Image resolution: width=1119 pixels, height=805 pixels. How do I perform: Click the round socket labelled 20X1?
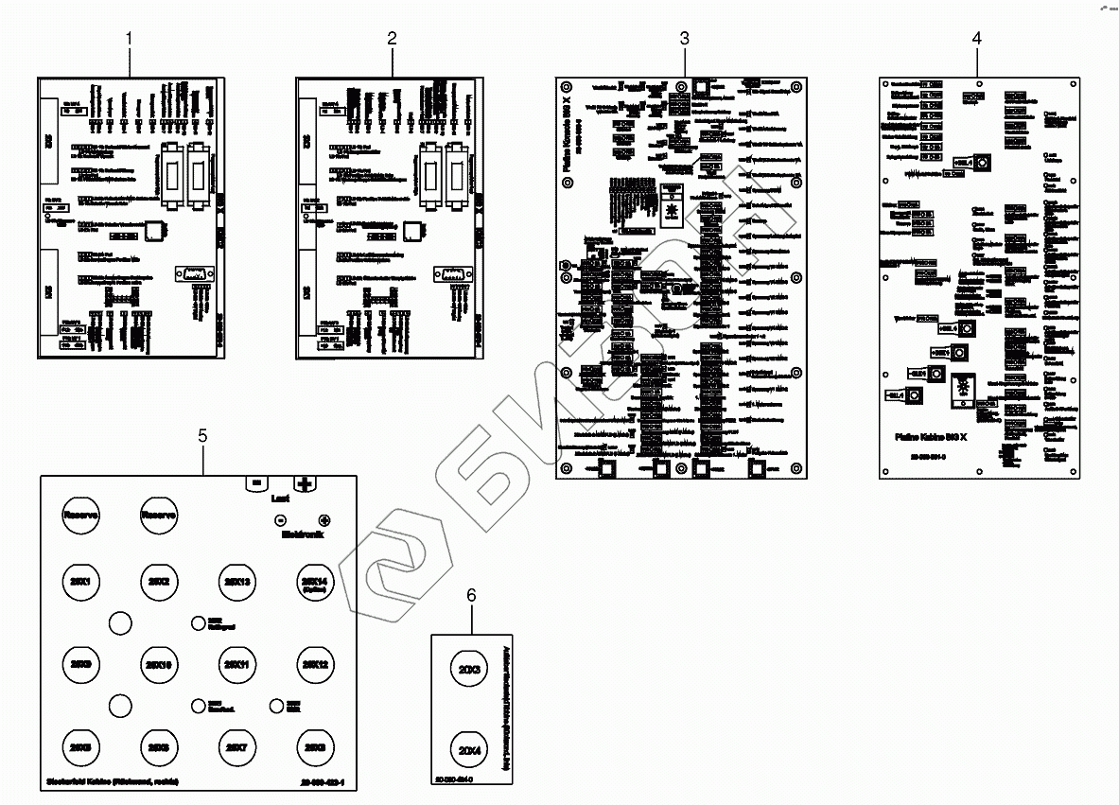pos(81,581)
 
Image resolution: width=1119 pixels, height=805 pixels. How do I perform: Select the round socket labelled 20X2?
pos(160,581)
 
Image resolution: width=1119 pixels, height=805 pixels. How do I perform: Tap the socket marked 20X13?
pos(238,581)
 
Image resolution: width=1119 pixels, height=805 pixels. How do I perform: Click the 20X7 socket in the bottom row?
pos(238,747)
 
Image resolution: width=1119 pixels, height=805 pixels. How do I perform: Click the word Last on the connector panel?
pos(280,497)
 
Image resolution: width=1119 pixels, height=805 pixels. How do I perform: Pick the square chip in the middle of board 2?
pos(412,231)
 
